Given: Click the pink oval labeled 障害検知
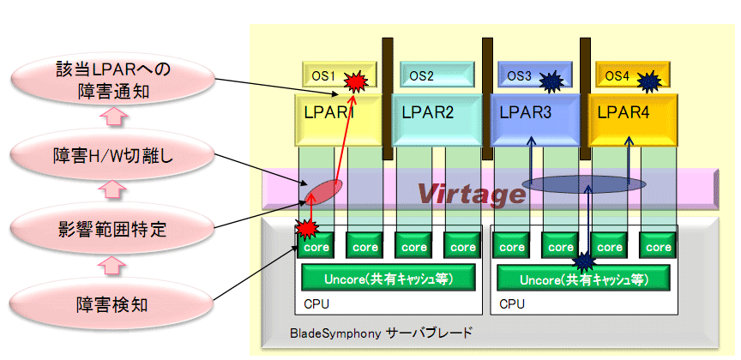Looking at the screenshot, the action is [x=112, y=304].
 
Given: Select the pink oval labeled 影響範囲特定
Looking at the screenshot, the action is [x=112, y=230].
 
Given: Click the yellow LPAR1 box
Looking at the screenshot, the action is [x=339, y=120].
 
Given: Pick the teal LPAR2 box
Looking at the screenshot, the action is [x=437, y=120].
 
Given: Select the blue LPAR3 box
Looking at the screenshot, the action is [x=535, y=120].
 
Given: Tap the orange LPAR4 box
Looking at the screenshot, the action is [x=633, y=120].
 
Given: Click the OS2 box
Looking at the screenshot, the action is [x=436, y=75].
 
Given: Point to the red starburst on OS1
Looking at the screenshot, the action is [x=354, y=81].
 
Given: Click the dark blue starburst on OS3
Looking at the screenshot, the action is [x=551, y=81].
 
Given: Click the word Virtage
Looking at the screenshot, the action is [x=471, y=193].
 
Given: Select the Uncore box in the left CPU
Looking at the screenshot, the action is [x=389, y=279].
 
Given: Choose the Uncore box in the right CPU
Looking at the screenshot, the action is [x=584, y=279].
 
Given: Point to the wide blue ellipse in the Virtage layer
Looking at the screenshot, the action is [x=584, y=184].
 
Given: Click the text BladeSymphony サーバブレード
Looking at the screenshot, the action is [x=381, y=333].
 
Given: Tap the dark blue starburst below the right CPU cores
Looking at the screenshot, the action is [x=585, y=261].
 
